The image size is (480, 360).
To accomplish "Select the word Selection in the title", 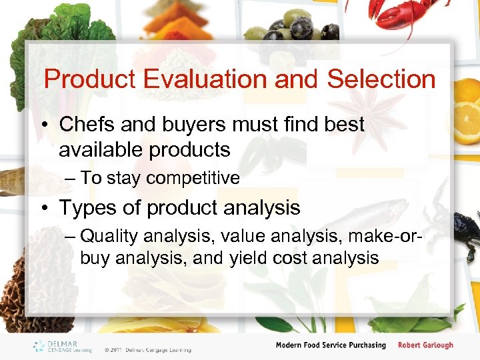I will (381, 79).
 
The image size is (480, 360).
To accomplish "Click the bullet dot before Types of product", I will (45, 209).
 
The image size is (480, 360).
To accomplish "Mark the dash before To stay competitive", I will (69, 178).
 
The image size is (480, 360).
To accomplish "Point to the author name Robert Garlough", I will (425, 345).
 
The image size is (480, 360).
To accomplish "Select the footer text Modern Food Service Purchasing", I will (331, 345).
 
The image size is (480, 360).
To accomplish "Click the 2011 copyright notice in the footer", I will (147, 349).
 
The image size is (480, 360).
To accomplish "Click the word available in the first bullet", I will (99, 150).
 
